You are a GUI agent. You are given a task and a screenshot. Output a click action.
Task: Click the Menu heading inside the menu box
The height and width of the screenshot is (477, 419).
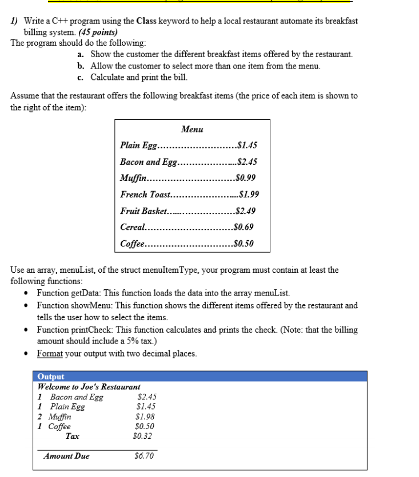192,130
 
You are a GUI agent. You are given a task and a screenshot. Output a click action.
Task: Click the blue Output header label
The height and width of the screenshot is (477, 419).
50,377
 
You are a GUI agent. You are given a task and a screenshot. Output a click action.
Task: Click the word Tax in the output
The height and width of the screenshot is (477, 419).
73,436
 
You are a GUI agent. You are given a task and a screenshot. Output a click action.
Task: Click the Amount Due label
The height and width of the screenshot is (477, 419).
67,456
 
